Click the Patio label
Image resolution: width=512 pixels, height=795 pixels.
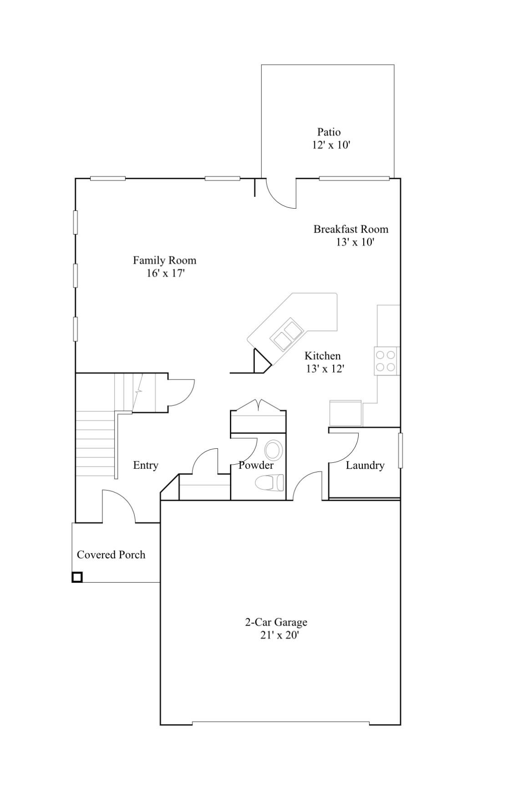[x=329, y=132]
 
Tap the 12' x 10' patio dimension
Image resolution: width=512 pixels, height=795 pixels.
[x=331, y=145]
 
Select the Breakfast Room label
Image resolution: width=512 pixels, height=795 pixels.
[x=351, y=229]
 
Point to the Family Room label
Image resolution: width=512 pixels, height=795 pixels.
[x=165, y=261]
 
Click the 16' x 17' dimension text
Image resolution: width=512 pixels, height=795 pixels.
[x=166, y=274]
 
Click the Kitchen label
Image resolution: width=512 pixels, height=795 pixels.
[x=323, y=356]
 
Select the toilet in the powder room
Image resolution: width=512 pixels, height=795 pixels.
[x=269, y=482]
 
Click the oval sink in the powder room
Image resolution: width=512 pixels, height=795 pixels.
[x=273, y=450]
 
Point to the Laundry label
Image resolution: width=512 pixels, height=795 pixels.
[x=365, y=466]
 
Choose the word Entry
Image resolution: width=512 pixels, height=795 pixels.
[x=146, y=466]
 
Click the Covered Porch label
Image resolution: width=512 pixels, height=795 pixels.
[x=111, y=555]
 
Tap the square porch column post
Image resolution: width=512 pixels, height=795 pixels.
[x=77, y=577]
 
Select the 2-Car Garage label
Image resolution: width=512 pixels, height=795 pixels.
[x=276, y=622]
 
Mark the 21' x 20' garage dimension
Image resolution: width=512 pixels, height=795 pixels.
[x=279, y=636]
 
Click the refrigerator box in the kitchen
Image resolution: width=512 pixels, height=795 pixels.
[x=345, y=413]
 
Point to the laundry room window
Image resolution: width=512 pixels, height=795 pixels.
[x=400, y=450]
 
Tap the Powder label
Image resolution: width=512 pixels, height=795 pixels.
[x=256, y=466]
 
